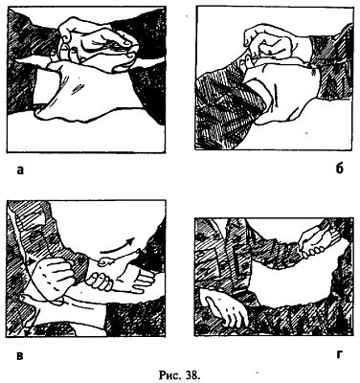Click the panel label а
point(20,170)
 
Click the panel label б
point(340,169)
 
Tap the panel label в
point(20,355)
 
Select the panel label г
point(340,355)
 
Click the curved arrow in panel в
point(119,246)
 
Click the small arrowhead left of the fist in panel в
point(31,261)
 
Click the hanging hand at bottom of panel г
point(226,309)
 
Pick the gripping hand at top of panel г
point(313,242)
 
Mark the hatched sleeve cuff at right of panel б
point(332,64)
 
